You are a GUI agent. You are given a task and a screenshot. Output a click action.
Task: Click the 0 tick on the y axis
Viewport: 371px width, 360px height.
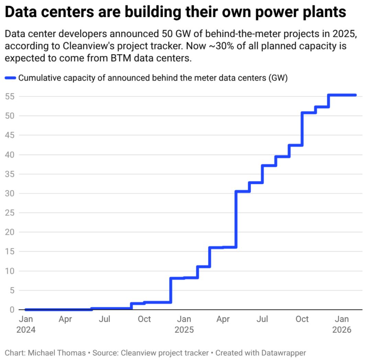pyautogui.click(x=12, y=310)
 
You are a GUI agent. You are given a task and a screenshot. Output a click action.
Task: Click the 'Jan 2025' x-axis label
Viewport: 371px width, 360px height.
pyautogui.click(x=184, y=324)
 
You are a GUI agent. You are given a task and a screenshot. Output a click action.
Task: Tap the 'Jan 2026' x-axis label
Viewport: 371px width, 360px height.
pyautogui.click(x=342, y=324)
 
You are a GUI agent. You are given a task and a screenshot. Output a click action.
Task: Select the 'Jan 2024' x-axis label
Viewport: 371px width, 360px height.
pyautogui.click(x=26, y=324)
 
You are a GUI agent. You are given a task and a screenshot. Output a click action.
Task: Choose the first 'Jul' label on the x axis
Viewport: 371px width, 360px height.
pyautogui.click(x=104, y=319)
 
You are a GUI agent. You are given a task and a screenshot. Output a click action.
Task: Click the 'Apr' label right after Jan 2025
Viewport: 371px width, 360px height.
pyautogui.click(x=223, y=319)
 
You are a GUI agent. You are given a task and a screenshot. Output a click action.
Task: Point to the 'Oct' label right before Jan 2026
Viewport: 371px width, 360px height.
pyautogui.click(x=302, y=319)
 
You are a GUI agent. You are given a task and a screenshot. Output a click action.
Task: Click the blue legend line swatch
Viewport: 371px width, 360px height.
pyautogui.click(x=11, y=78)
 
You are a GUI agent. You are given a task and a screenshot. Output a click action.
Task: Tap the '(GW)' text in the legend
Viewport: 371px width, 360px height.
pyautogui.click(x=278, y=78)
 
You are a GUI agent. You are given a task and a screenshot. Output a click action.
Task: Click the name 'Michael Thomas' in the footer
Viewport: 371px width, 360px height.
pyautogui.click(x=57, y=353)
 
